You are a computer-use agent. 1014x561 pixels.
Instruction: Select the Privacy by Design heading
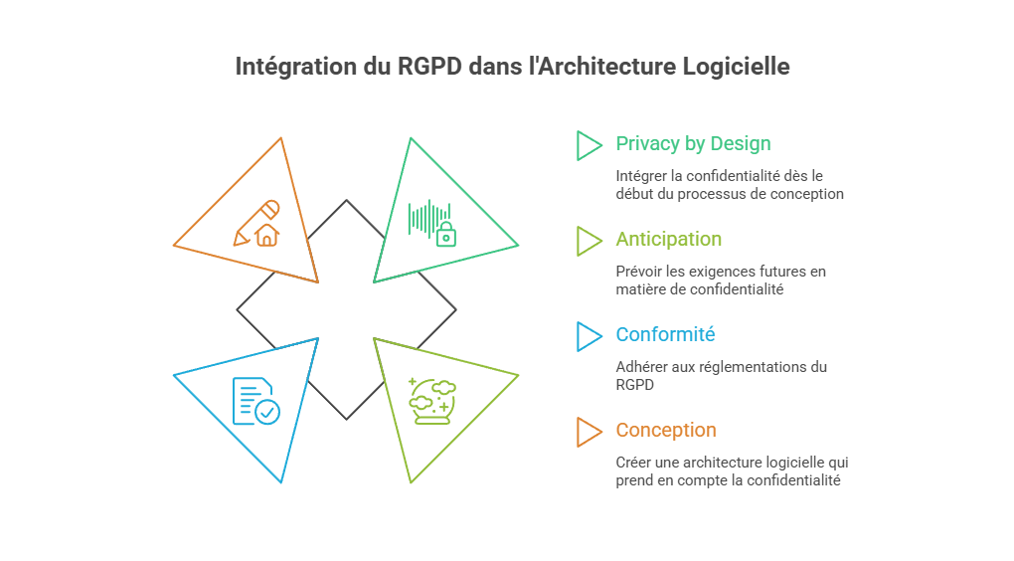pyautogui.click(x=693, y=144)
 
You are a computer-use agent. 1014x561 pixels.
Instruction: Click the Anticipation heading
pyautogui.click(x=668, y=240)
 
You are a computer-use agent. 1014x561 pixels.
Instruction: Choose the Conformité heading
pyautogui.click(x=665, y=335)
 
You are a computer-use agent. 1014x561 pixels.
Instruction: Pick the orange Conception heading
pyautogui.click(x=665, y=431)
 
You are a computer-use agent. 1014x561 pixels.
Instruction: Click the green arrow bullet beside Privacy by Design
pyautogui.click(x=589, y=145)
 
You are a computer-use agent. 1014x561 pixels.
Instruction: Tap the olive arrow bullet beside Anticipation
pyautogui.click(x=589, y=241)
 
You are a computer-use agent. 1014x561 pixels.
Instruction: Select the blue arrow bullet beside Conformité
pyautogui.click(x=589, y=336)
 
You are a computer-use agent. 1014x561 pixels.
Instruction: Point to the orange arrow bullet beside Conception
pyautogui.click(x=589, y=432)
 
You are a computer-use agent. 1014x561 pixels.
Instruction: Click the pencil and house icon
pyautogui.click(x=256, y=223)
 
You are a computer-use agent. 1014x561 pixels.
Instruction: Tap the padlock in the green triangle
pyautogui.click(x=445, y=235)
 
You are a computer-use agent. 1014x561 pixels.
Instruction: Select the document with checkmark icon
pyautogui.click(x=254, y=401)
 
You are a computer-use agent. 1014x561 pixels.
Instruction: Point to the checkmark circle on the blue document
pyautogui.click(x=266, y=412)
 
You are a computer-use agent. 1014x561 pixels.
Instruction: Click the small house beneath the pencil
pyautogui.click(x=266, y=235)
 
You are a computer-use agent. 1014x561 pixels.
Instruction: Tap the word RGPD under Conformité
pyautogui.click(x=633, y=384)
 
